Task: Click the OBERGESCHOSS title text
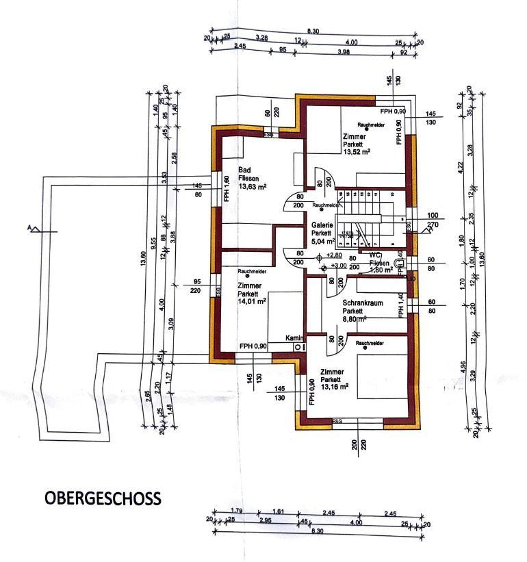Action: click(x=103, y=498)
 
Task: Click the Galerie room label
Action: click(x=322, y=225)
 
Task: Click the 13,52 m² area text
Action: click(x=357, y=152)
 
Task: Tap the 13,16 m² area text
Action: click(x=335, y=386)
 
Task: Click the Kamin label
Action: click(x=295, y=338)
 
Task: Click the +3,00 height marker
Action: click(x=338, y=265)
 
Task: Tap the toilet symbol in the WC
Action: click(x=400, y=262)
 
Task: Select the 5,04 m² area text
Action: click(x=322, y=241)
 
